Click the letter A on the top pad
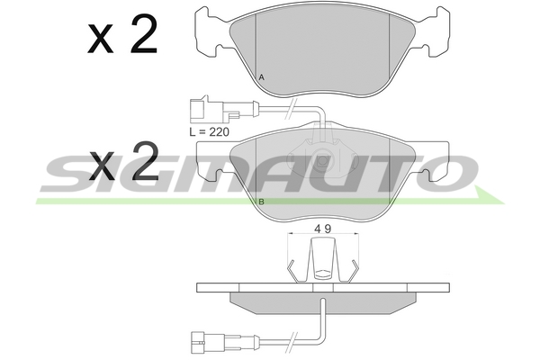point(261,77)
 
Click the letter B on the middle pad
point(261,202)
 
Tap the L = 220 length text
point(209,131)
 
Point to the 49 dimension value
point(323,229)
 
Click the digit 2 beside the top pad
point(144,34)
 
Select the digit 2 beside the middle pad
point(146,161)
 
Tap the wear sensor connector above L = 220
point(208,109)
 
